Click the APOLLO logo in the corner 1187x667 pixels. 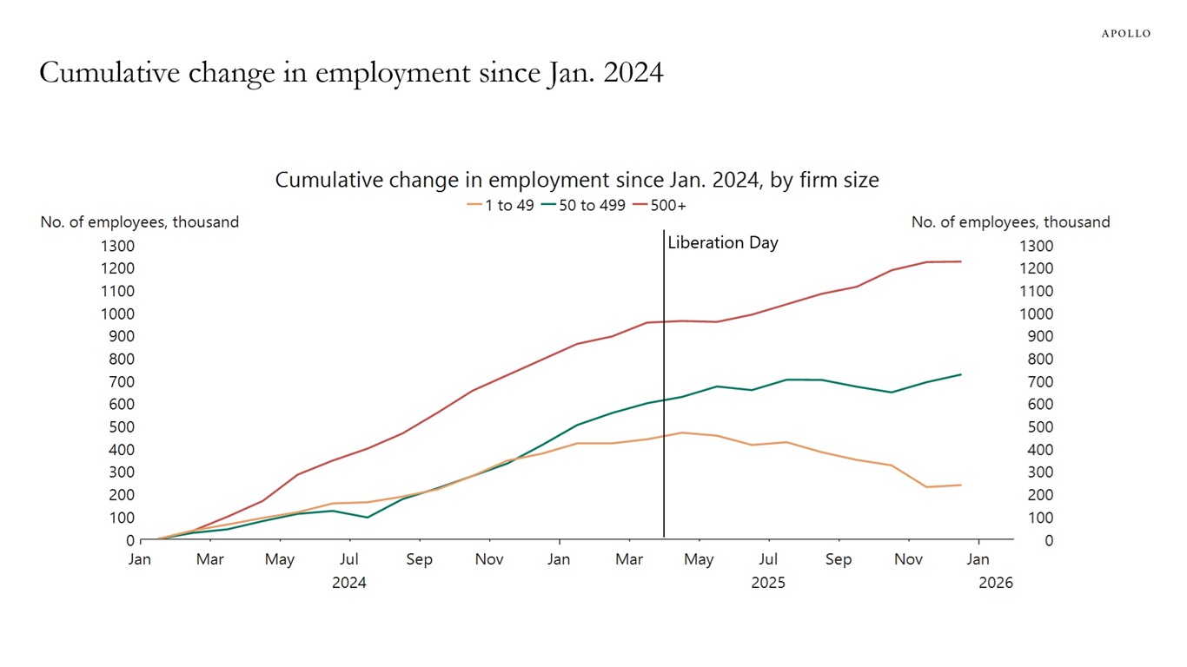click(x=1125, y=33)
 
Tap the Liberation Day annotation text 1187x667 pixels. click(x=723, y=243)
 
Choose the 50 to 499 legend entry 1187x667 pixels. click(x=582, y=206)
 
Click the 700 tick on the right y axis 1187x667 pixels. click(x=1036, y=382)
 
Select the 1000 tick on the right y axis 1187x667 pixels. click(x=1036, y=314)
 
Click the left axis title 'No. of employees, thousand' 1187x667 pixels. click(x=139, y=222)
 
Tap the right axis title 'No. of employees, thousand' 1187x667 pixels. click(x=1011, y=222)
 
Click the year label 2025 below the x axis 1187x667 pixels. click(x=768, y=583)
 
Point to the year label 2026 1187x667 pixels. click(x=996, y=583)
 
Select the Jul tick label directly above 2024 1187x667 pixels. click(x=349, y=560)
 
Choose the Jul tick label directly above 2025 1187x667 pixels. click(x=768, y=560)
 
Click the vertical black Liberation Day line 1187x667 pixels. click(x=664, y=391)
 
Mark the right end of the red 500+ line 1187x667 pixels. click(x=961, y=261)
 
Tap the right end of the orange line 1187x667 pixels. click(x=961, y=485)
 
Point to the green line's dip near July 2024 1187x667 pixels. click(x=368, y=518)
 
